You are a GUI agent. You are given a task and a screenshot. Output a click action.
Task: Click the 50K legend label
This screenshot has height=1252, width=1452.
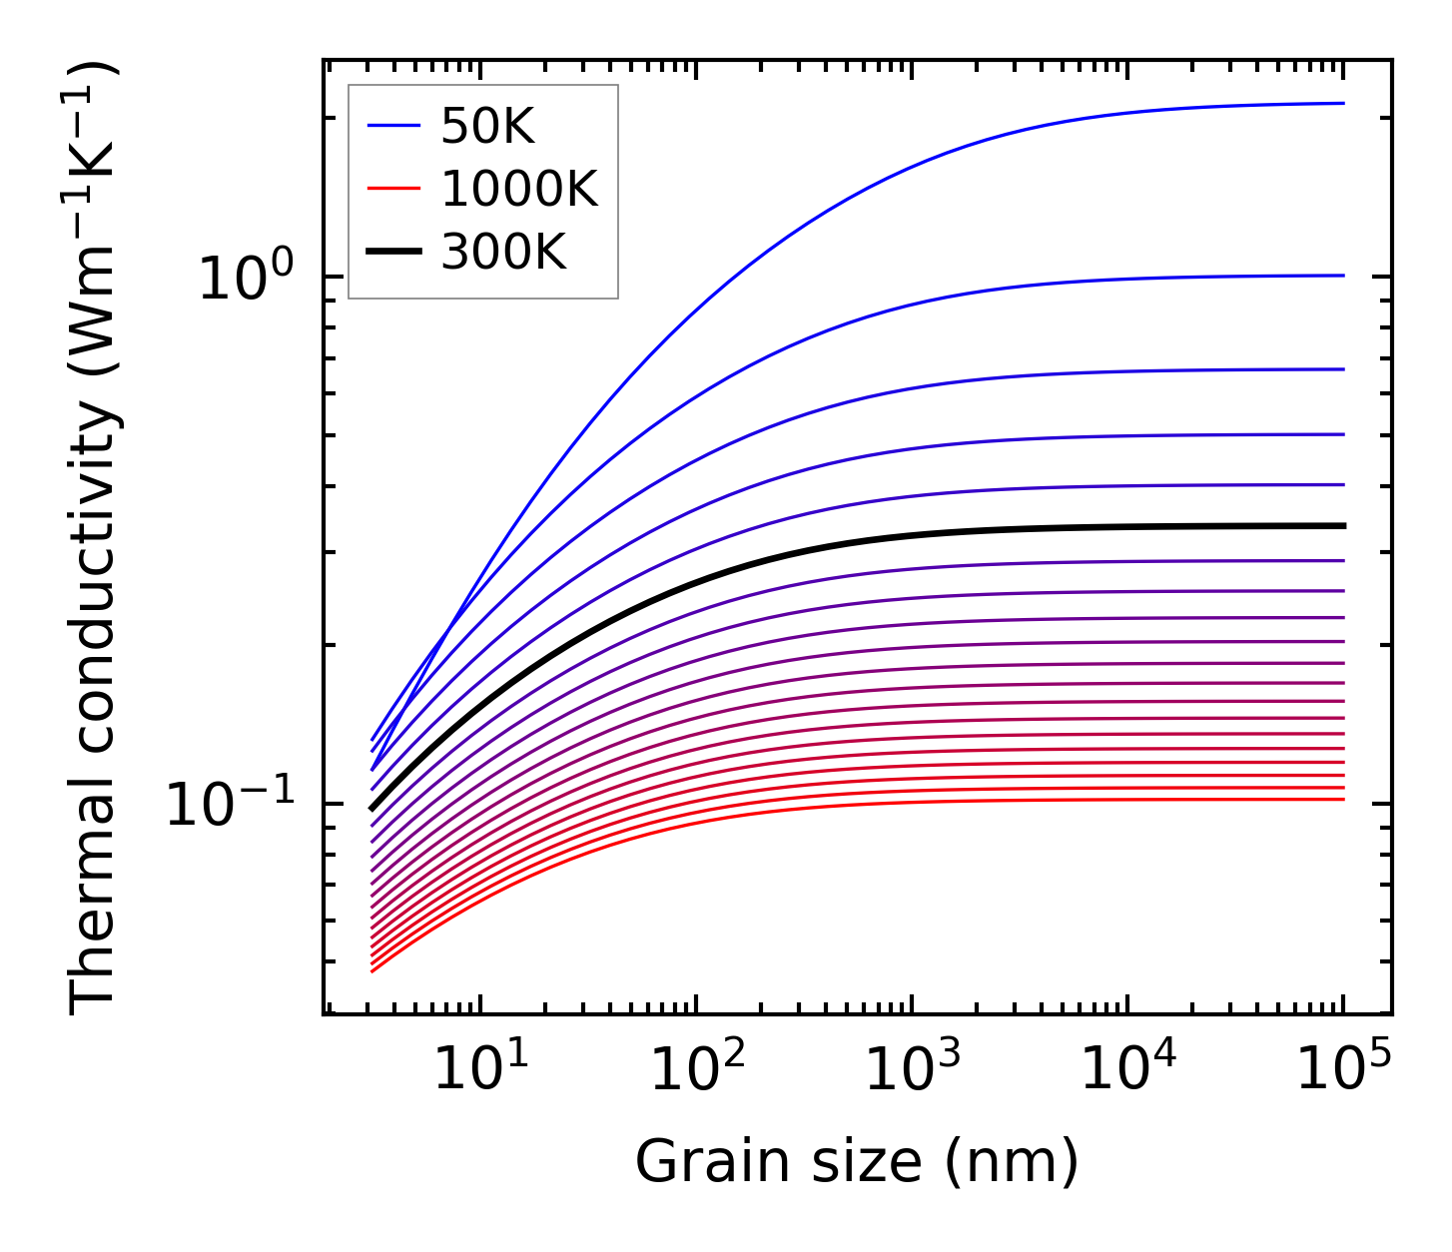488,127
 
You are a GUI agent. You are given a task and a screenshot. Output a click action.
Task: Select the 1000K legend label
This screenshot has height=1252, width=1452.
519,190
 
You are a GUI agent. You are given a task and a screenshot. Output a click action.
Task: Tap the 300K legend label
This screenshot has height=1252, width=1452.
503,254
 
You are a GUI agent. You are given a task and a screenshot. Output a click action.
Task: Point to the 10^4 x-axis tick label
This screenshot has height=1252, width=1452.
1127,1069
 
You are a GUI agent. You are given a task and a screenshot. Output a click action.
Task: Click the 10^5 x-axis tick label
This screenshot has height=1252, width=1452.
1343,1069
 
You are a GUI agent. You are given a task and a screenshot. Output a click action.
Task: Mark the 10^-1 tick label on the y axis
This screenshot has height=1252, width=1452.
232,805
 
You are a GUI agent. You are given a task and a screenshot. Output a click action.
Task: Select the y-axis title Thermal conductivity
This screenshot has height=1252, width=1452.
95,537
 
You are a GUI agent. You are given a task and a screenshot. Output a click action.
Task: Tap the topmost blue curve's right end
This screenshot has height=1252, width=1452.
1343,103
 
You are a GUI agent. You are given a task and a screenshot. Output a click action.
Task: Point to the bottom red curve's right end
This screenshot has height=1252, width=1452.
1343,799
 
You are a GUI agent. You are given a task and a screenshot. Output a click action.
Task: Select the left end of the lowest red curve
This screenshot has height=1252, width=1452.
372,970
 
